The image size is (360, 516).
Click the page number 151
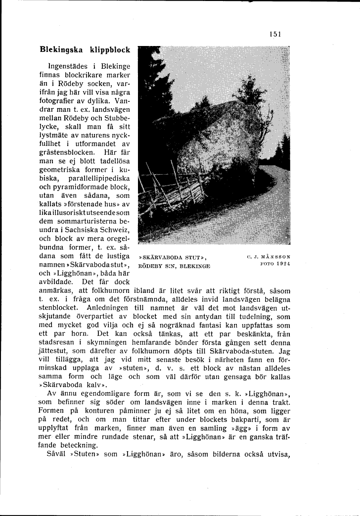point(275,34)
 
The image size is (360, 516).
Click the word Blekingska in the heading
point(61,50)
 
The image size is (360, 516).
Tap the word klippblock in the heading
point(110,50)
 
